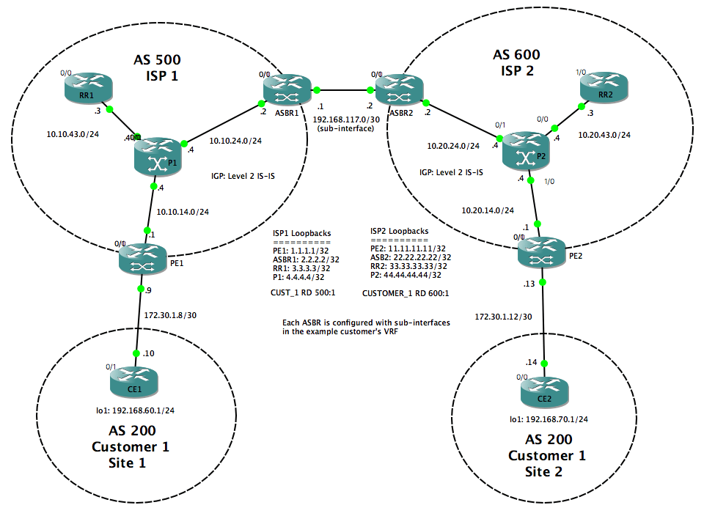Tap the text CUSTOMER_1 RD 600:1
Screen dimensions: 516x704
(x=406, y=292)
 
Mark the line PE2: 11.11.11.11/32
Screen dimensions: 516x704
(x=406, y=248)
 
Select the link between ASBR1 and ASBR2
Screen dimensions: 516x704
(x=343, y=91)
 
